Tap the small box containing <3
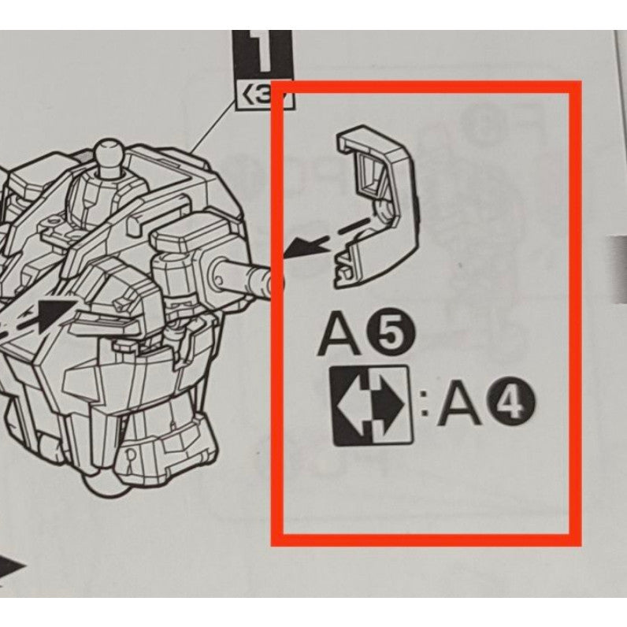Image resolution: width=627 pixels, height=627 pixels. [x=262, y=97]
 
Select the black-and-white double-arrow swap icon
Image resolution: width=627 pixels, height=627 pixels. [x=371, y=405]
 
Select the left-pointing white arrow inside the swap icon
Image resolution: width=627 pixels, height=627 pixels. [x=353, y=406]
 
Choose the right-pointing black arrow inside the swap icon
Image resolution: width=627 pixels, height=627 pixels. [x=389, y=406]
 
